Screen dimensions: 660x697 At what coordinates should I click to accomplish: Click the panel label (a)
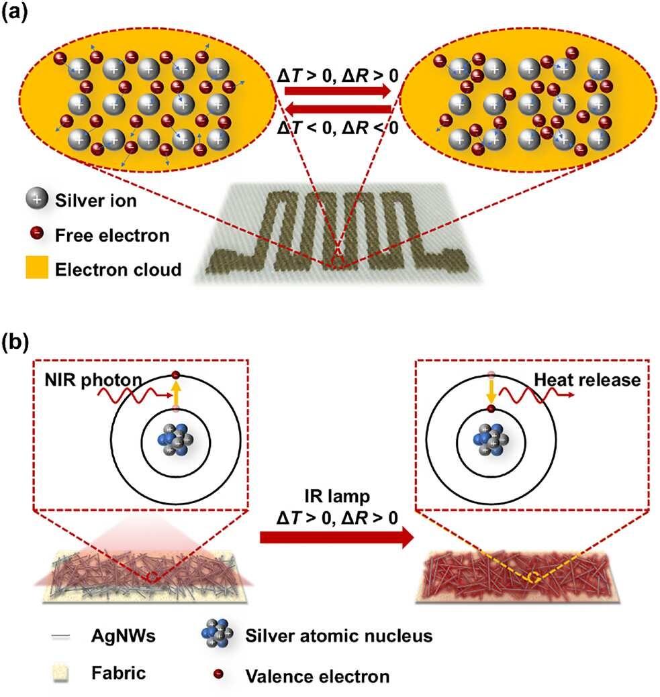point(15,12)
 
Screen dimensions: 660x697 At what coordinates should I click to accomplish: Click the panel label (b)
point(15,343)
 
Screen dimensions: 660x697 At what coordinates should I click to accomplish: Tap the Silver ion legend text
point(96,201)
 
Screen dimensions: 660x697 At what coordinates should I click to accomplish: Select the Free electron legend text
point(112,235)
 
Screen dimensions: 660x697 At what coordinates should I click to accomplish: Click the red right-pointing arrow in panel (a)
point(337,91)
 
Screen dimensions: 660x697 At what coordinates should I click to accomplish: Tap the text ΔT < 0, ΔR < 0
point(338,128)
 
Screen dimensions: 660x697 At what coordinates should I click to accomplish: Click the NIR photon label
point(93,380)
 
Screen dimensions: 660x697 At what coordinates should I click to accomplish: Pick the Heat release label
point(587,380)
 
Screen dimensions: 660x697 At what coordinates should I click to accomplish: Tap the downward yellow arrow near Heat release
point(491,392)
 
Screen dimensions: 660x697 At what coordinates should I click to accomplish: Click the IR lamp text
point(337,496)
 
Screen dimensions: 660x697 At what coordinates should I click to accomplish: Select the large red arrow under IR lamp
point(336,537)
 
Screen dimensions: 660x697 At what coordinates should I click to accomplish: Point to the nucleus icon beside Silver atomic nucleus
point(217,633)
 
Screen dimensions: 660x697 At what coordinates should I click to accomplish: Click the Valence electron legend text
point(318,676)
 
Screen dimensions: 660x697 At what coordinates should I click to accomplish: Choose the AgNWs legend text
point(124,636)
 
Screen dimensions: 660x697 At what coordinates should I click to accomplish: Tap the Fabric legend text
point(118,673)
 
